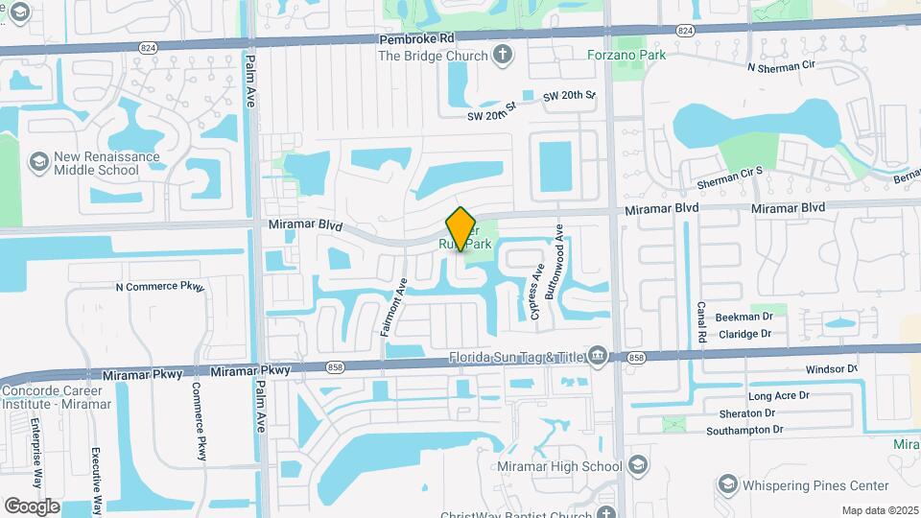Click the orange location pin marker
461,228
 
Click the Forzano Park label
626,55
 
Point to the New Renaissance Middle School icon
39,161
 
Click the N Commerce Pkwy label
159,286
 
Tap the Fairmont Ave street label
393,306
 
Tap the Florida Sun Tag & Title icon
598,357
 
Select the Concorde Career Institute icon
10,390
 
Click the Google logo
32,506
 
